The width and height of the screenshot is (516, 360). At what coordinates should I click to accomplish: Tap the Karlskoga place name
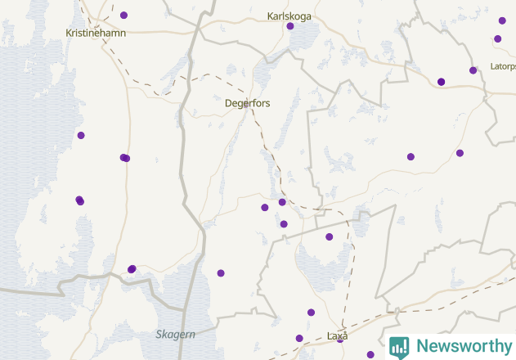289,16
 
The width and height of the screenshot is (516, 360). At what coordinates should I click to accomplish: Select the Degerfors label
247,103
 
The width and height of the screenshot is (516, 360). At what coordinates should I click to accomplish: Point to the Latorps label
503,66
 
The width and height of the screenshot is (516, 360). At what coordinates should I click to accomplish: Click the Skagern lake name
175,334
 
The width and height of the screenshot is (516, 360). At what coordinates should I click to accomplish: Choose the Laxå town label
337,336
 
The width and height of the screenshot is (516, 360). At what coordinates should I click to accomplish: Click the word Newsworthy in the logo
464,346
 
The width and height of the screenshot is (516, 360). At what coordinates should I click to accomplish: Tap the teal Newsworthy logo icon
399,347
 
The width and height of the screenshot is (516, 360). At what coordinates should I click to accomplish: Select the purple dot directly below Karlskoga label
290,26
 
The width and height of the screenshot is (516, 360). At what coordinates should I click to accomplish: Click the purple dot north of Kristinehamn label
123,15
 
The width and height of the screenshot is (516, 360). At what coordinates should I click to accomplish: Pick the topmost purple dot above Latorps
502,20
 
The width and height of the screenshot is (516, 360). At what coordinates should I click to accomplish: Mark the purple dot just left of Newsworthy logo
370,354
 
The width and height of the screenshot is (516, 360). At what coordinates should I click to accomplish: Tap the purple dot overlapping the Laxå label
340,339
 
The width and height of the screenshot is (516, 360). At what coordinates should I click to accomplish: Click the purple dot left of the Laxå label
299,338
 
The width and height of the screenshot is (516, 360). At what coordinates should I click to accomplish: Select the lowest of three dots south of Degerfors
284,223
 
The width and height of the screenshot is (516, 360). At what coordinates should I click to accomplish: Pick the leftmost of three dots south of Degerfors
265,207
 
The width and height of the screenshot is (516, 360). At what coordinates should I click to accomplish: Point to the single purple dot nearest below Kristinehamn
81,135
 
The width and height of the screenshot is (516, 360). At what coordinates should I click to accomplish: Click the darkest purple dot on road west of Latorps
442,81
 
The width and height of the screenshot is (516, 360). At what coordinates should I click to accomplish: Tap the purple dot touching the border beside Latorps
473,70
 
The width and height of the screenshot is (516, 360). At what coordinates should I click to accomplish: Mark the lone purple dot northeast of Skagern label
221,272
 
